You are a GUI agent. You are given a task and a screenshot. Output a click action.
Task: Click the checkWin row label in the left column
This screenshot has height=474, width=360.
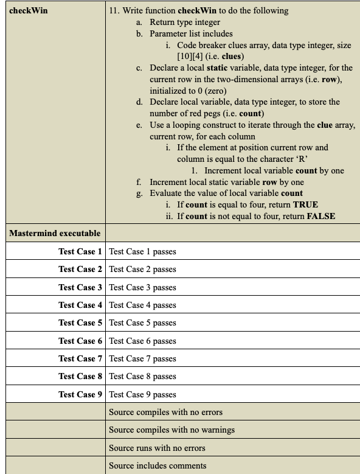pos(29,10)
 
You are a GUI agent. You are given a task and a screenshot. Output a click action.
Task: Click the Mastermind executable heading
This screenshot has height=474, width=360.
pos(55,233)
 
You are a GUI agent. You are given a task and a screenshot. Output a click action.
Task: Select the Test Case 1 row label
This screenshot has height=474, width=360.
pos(80,251)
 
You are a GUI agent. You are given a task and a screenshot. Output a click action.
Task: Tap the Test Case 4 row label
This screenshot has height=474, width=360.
pos(80,305)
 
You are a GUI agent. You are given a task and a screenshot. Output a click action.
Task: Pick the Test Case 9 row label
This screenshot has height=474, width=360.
pos(80,394)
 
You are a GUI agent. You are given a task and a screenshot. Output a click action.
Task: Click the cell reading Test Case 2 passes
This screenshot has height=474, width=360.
pos(142,269)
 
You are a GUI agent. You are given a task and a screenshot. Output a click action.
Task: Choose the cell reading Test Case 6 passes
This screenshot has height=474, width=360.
pos(142,341)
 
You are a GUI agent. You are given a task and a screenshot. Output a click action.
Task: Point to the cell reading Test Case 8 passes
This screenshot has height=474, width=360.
pos(142,377)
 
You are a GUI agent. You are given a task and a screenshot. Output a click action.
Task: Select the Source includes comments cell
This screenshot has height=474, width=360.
pos(157,465)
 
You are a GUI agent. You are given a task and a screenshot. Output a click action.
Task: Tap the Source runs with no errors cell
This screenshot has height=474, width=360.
pos(157,448)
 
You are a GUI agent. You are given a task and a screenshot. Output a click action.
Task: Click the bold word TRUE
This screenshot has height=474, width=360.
pos(306,204)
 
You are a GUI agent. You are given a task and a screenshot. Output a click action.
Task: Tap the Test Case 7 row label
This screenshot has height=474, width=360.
pos(80,358)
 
